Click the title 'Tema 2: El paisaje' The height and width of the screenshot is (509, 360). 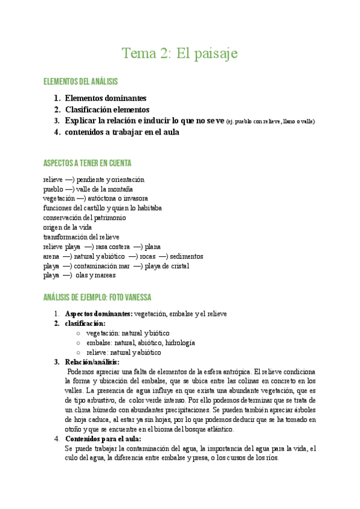click(180, 53)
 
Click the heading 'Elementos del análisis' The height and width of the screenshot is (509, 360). click(80, 82)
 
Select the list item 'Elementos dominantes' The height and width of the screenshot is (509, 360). click(106, 98)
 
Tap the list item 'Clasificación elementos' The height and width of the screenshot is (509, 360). click(107, 109)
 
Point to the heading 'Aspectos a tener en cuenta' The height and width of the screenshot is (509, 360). click(87, 163)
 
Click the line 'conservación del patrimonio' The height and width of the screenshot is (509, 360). click(85, 217)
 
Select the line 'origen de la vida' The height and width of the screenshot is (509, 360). click(68, 227)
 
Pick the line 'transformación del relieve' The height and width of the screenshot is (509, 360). click(81, 237)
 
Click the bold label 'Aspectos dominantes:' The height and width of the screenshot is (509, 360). click(98, 314)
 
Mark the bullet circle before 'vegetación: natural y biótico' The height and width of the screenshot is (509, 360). click(79, 333)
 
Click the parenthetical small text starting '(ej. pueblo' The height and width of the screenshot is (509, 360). click(271, 121)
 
